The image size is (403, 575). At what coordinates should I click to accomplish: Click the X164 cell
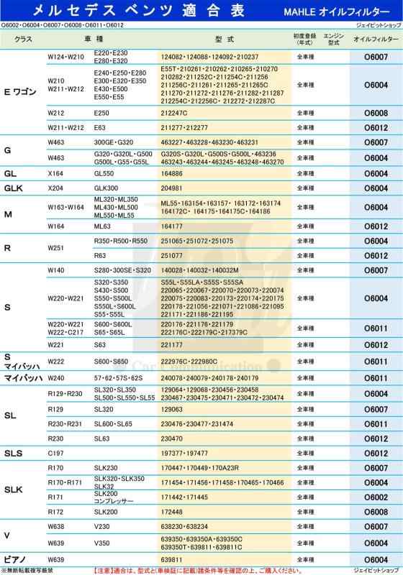pyautogui.click(x=56, y=174)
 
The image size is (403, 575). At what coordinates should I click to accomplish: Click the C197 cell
pyautogui.click(x=55, y=453)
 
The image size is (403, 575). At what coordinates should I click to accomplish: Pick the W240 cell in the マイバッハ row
pyautogui.click(x=56, y=377)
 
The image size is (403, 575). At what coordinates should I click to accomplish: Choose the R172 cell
pyautogui.click(x=55, y=512)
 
